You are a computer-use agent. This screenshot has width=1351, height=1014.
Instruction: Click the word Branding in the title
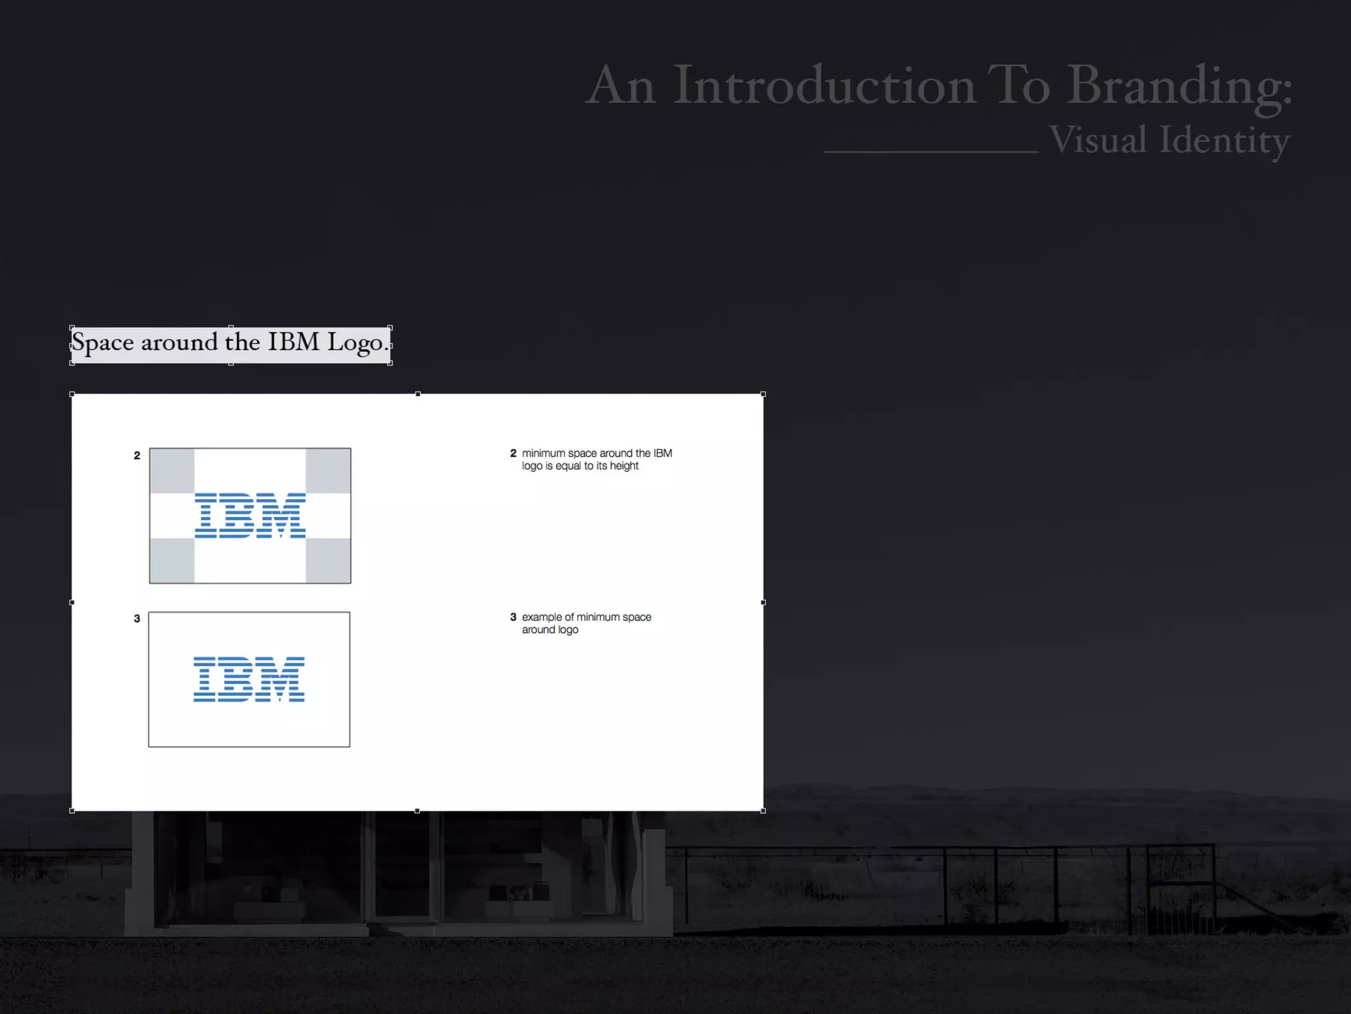[1178, 86]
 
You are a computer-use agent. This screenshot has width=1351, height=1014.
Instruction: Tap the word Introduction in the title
[824, 86]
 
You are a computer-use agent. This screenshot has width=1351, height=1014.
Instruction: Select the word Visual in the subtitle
[1098, 140]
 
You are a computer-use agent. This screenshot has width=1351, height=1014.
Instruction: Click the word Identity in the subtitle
[1224, 140]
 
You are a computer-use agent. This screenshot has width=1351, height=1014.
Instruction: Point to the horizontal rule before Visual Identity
[931, 152]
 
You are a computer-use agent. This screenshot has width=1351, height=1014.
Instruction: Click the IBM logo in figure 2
[250, 516]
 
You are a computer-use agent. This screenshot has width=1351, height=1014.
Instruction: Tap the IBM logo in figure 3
[249, 679]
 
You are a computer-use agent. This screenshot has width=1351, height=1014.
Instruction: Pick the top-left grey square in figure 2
[172, 471]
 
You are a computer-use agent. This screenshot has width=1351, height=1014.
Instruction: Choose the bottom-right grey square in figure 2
[328, 560]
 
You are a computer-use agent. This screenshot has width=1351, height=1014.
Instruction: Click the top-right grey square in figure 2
[328, 471]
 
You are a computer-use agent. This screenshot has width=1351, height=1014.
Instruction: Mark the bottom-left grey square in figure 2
[172, 560]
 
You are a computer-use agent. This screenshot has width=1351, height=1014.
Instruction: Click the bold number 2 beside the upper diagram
[137, 456]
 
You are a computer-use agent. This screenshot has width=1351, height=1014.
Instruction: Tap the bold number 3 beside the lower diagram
[137, 619]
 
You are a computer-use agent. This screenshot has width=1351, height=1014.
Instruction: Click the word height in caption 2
[624, 466]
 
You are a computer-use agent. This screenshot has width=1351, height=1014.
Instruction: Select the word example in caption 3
[542, 617]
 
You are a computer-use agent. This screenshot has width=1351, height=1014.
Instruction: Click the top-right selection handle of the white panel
[763, 394]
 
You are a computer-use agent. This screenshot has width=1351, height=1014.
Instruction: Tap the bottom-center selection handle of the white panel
[417, 811]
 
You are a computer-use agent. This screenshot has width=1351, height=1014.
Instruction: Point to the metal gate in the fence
[1181, 888]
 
